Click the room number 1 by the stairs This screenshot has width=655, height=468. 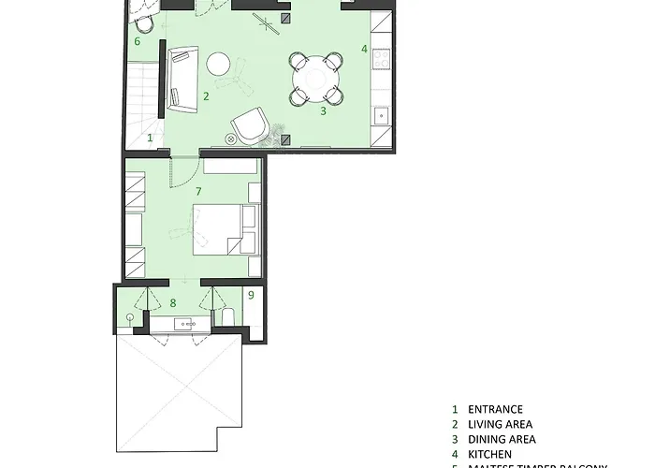150,138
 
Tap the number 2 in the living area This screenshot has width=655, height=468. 206,95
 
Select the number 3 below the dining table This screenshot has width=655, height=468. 323,110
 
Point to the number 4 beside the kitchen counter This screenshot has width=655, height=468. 364,48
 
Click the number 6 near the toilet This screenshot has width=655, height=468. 138,41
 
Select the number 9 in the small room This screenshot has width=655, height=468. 252,296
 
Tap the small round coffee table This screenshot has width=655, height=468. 219,64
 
